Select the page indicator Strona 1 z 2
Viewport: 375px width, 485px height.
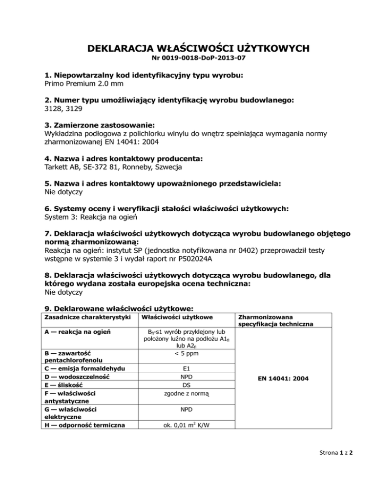[332, 465]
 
